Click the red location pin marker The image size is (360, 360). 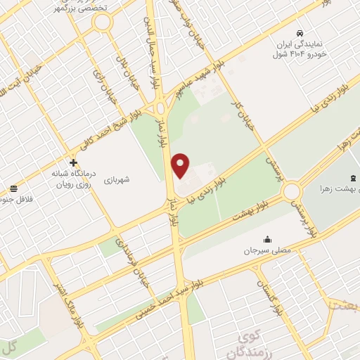tap(181, 165)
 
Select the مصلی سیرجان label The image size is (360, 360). tap(266, 250)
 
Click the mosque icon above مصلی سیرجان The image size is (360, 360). tap(266, 239)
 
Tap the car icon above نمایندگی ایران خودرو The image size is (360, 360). tap(300, 33)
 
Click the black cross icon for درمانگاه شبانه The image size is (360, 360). tap(73, 162)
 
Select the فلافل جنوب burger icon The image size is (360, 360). tap(13, 188)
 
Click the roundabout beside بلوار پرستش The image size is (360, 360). tap(291, 191)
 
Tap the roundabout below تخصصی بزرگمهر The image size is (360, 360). tap(103, 22)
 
